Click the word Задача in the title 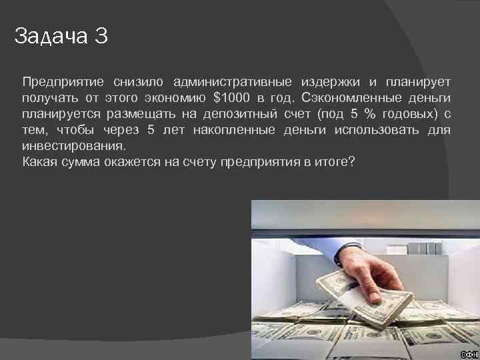coord(51,36)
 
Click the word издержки coord(331,82)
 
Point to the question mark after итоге coord(351,161)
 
